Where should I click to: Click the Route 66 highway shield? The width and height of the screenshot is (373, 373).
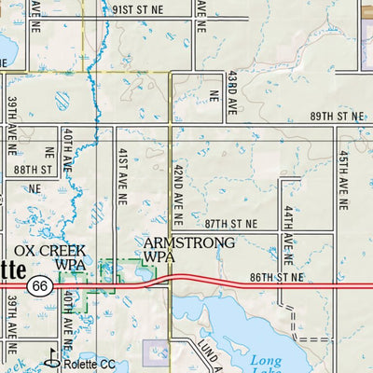click(x=38, y=285)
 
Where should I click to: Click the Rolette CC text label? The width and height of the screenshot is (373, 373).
click(x=90, y=364)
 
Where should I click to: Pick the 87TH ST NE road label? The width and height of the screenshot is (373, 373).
click(x=230, y=224)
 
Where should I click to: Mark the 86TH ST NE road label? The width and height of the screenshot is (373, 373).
click(x=277, y=277)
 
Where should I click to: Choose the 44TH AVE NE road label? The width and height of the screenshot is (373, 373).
click(x=289, y=233)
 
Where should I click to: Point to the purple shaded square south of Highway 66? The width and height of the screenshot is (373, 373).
click(x=155, y=352)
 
